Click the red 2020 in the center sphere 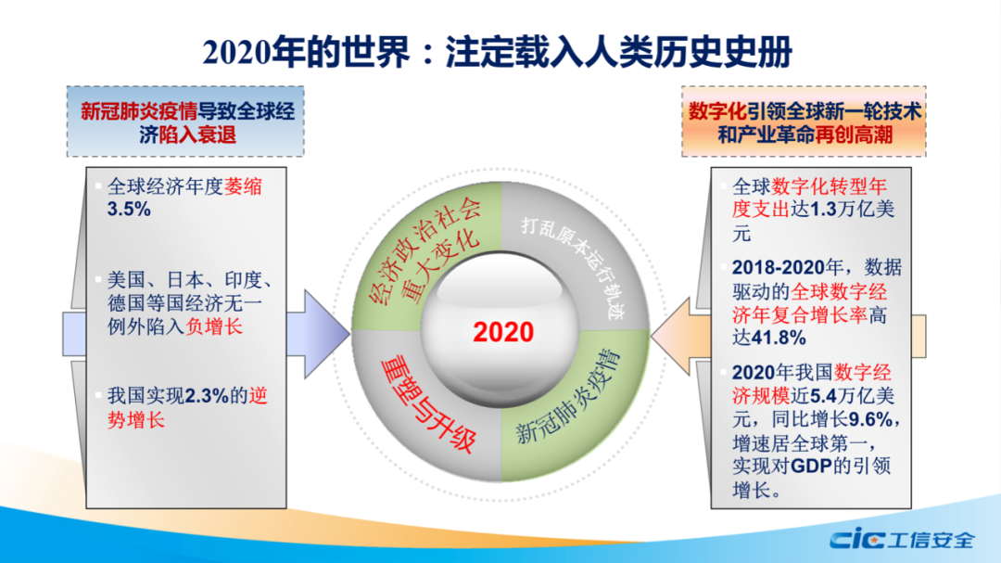tap(503, 332)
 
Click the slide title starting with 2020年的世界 tap(498, 52)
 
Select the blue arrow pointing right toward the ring tap(318, 333)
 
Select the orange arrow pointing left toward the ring tap(680, 336)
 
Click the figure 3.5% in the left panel tap(129, 210)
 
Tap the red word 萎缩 tap(243, 186)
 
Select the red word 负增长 tap(214, 326)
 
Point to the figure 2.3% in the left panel tap(206, 396)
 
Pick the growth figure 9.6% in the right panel tap(870, 420)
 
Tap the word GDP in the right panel tap(811, 466)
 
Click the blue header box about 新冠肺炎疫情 tap(185, 122)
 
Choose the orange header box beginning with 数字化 tap(804, 122)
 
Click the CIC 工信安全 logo tap(902, 540)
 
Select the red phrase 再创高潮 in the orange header tap(854, 134)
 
